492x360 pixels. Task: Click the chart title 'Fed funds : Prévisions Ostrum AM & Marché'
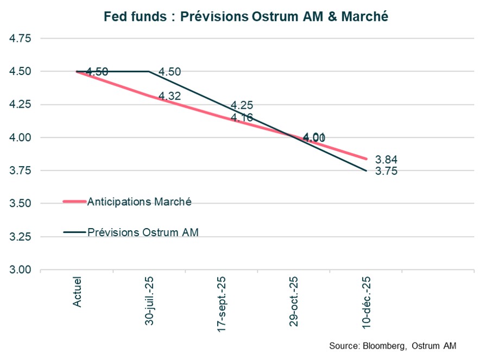point(246,17)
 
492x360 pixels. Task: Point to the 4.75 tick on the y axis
point(21,39)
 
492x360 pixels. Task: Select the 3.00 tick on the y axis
point(21,270)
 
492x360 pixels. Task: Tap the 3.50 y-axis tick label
point(21,204)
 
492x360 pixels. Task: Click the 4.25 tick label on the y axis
point(21,105)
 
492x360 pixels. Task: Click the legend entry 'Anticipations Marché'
point(139,201)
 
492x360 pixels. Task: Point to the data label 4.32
point(169,96)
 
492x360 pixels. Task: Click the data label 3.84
point(386,160)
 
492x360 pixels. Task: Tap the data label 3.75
point(386,171)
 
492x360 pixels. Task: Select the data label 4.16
point(242,117)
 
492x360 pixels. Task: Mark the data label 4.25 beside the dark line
point(242,105)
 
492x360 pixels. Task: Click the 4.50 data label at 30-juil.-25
point(169,72)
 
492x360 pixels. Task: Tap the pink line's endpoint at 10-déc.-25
point(367,159)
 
